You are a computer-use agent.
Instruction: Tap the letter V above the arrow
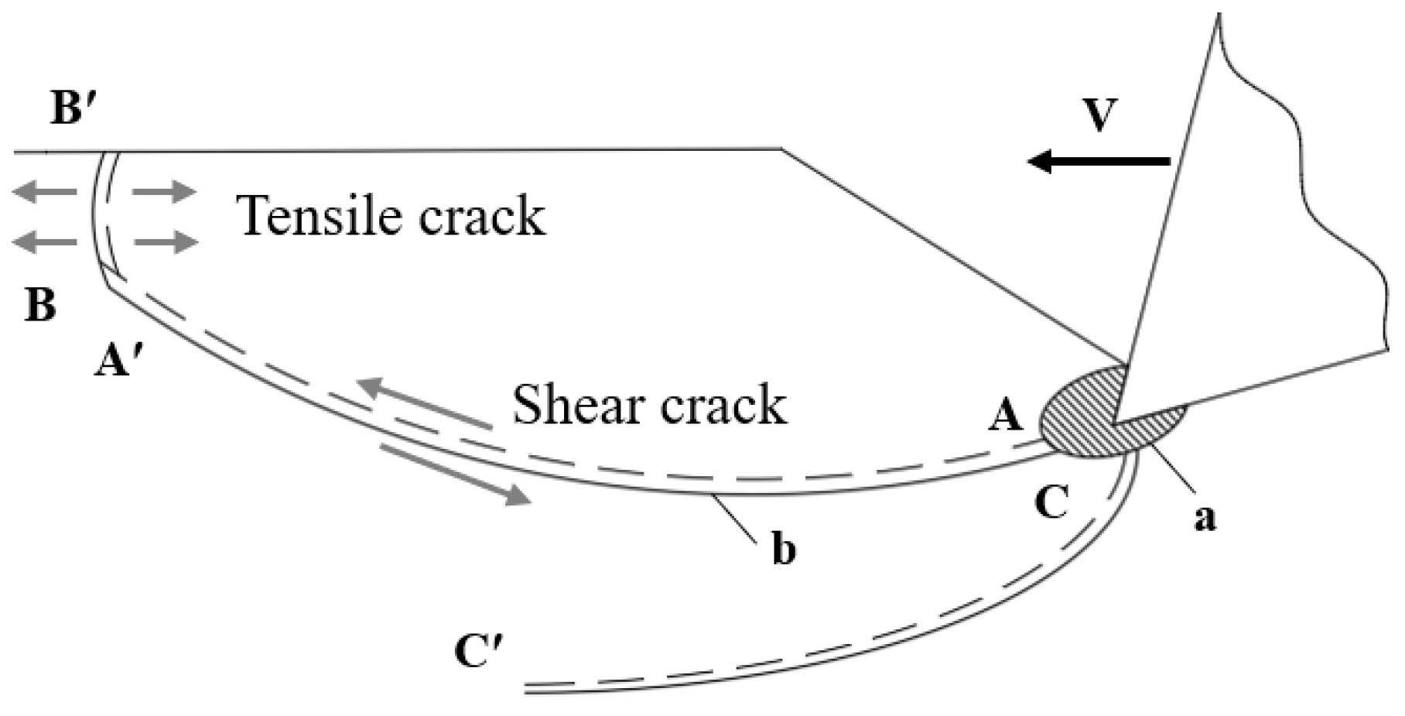click(x=1100, y=115)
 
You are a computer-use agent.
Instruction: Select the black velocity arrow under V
click(x=1098, y=161)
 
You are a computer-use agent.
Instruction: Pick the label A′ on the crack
click(x=112, y=360)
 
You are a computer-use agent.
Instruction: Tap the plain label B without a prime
click(x=40, y=304)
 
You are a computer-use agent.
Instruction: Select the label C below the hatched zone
click(x=1051, y=502)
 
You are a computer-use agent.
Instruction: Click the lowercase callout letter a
click(x=1204, y=517)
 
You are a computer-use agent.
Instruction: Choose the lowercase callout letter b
click(x=783, y=550)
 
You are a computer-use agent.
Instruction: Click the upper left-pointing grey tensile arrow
click(x=45, y=191)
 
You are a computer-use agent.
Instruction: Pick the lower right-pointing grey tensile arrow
click(x=166, y=242)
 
